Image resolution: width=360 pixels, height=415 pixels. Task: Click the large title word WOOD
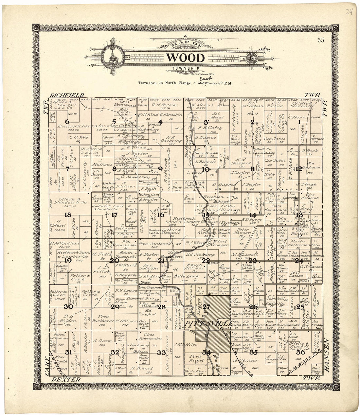click(186, 58)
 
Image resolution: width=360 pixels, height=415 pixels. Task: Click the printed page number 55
click(320, 41)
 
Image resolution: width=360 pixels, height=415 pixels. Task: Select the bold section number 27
click(206, 306)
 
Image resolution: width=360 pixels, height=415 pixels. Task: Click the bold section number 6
click(67, 122)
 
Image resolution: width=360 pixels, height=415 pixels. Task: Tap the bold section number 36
click(300, 352)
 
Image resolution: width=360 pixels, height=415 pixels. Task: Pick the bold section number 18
click(68, 215)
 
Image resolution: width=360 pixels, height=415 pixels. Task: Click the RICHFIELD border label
click(65, 95)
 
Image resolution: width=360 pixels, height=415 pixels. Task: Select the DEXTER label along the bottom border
click(65, 379)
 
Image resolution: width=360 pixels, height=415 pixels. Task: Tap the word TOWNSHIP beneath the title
click(186, 68)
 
